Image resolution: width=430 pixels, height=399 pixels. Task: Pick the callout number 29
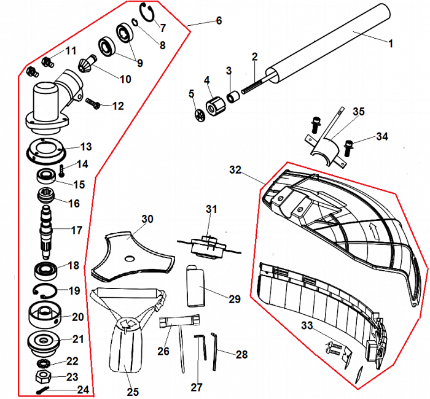[235, 299]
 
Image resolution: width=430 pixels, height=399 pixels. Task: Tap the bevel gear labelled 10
[88, 63]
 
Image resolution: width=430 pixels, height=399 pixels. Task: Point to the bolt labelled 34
[350, 147]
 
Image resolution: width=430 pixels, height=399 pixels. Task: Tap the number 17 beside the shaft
[77, 231]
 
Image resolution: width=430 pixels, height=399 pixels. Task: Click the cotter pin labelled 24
[45, 390]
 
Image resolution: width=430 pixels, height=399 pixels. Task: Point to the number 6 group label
[219, 20]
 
